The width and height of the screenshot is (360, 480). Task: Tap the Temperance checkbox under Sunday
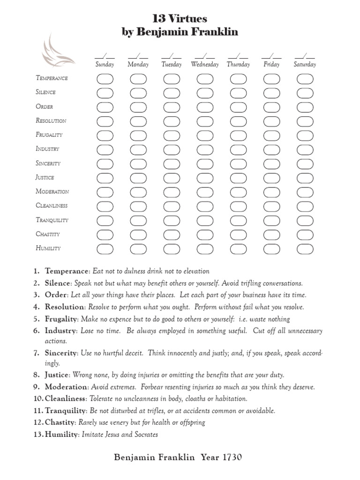[105, 79]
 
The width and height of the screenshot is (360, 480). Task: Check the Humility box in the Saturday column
[305, 248]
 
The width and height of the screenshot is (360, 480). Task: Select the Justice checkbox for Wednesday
[205, 178]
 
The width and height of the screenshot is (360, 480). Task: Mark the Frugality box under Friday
[272, 135]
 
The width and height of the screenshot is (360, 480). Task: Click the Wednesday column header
[205, 65]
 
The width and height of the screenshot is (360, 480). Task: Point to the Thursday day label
[238, 65]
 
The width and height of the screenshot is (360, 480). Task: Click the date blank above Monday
[138, 56]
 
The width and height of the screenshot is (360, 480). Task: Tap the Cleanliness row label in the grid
[52, 205]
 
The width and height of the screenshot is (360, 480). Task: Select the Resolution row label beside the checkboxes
[51, 120]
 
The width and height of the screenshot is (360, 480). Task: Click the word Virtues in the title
[187, 19]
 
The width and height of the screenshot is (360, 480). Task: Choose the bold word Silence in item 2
[57, 283]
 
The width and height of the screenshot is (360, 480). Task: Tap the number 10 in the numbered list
[37, 398]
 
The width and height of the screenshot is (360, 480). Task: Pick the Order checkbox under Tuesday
[172, 107]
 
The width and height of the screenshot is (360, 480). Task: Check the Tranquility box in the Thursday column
[238, 220]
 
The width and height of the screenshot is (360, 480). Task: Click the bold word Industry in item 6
[60, 331]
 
